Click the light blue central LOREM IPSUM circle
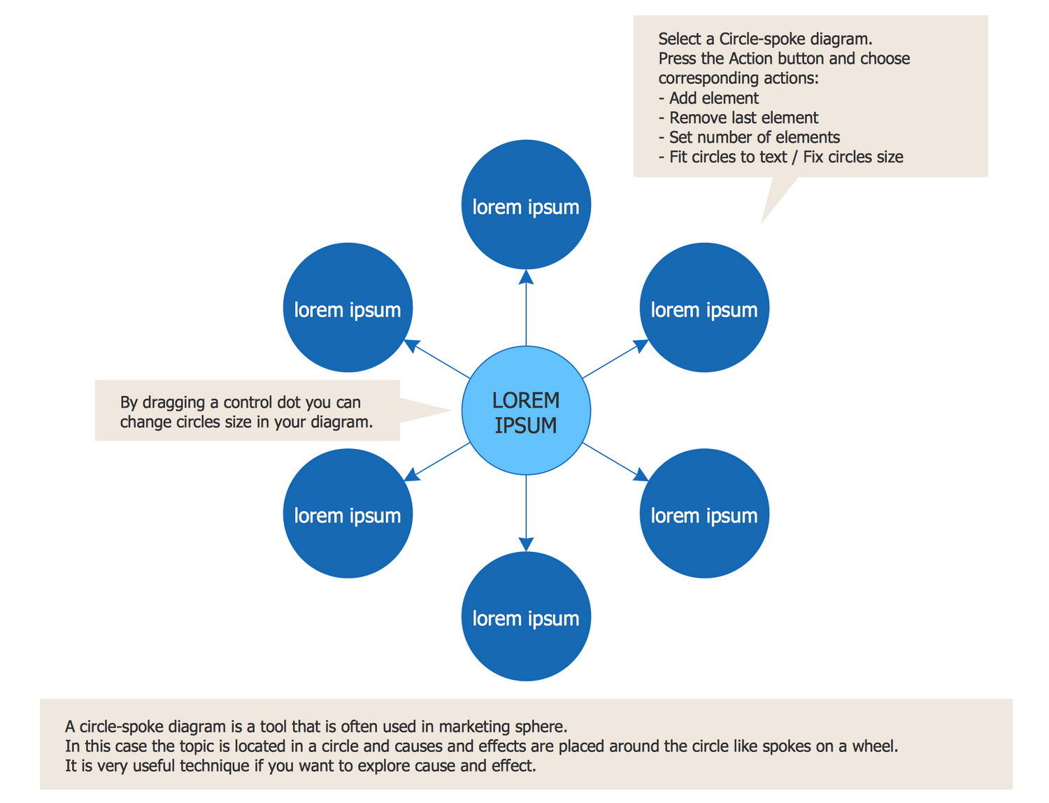pos(526,411)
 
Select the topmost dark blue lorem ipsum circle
pos(526,205)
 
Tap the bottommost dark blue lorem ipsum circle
pos(526,617)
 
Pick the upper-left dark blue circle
pos(348,308)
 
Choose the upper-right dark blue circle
pos(704,308)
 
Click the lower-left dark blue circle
pos(348,513)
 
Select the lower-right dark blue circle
pos(704,513)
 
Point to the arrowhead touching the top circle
pos(526,277)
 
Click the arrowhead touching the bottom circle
pos(526,544)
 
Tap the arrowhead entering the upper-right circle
pos(641,345)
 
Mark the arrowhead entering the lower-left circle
pos(412,475)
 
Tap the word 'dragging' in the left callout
pos(173,403)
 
